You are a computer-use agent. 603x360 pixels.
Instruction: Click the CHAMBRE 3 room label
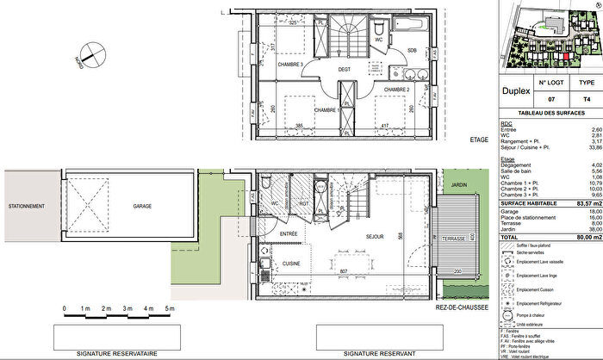pyautogui.click(x=295, y=65)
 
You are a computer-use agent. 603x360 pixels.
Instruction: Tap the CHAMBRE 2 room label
pyautogui.click(x=401, y=89)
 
